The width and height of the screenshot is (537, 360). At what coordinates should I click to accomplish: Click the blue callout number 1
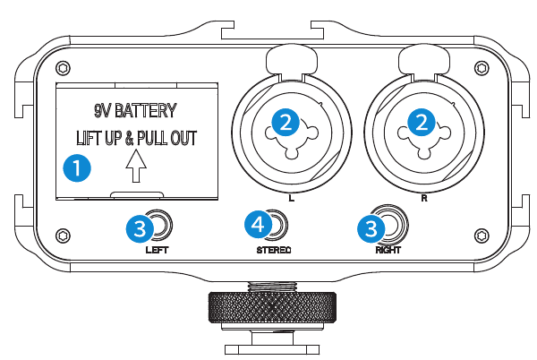pyautogui.click(x=77, y=167)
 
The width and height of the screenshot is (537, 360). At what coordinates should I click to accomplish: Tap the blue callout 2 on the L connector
pyautogui.click(x=286, y=123)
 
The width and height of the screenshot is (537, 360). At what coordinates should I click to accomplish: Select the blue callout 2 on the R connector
pyautogui.click(x=422, y=123)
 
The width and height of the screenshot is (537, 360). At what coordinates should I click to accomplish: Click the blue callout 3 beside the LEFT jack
pyautogui.click(x=141, y=228)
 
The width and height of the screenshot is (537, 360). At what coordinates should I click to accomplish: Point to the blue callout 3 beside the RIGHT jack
pyautogui.click(x=371, y=228)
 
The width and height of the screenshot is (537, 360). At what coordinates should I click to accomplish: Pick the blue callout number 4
pyautogui.click(x=259, y=225)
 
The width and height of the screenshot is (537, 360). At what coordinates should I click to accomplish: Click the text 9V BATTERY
pyautogui.click(x=136, y=111)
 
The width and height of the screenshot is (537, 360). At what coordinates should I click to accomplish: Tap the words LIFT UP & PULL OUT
pyautogui.click(x=136, y=138)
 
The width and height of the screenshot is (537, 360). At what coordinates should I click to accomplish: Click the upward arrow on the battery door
pyautogui.click(x=136, y=167)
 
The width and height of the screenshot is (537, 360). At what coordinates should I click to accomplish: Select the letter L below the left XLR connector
pyautogui.click(x=292, y=198)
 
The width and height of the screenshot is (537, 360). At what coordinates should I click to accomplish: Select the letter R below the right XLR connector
pyautogui.click(x=424, y=198)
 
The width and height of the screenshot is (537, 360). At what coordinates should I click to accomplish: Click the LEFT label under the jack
pyautogui.click(x=157, y=250)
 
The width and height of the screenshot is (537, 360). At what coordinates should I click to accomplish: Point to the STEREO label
pyautogui.click(x=274, y=250)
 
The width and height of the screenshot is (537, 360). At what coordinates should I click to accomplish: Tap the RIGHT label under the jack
pyautogui.click(x=388, y=250)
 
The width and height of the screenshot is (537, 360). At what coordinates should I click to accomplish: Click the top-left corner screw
pyautogui.click(x=63, y=68)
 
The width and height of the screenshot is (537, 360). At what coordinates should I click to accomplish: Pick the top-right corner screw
pyautogui.click(x=482, y=68)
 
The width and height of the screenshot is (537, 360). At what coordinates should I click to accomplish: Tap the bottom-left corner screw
pyautogui.click(x=63, y=236)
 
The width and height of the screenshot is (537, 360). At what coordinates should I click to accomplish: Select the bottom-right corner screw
pyautogui.click(x=482, y=236)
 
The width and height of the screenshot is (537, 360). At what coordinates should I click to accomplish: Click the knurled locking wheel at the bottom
pyautogui.click(x=272, y=307)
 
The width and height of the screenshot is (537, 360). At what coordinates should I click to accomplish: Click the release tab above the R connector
pyautogui.click(x=424, y=62)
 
